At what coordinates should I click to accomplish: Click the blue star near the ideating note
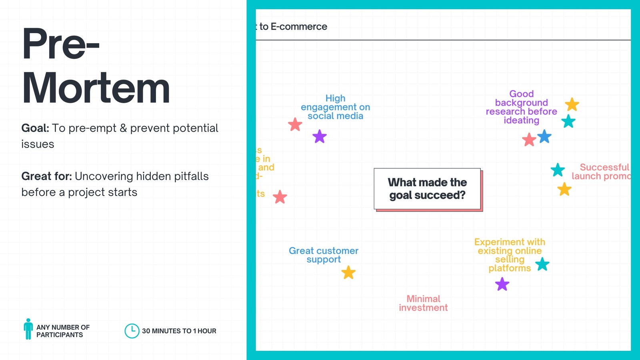pos(544,137)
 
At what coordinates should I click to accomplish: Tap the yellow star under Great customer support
pos(348,272)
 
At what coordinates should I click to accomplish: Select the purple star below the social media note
pos(320,136)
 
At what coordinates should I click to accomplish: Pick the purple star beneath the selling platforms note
pos(502,284)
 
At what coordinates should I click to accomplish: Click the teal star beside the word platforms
pos(542,264)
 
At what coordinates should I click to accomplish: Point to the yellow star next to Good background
pos(572,104)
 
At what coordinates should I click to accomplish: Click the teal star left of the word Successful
pos(558,170)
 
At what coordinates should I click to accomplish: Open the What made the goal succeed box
pos(427,189)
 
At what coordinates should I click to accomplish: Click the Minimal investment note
pos(423,303)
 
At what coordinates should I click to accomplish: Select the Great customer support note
pos(324,255)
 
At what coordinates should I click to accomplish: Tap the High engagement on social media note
pos(335,107)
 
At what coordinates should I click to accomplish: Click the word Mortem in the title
pos(96,88)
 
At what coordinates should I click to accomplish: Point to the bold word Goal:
pos(35,128)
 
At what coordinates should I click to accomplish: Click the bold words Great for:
pos(46,176)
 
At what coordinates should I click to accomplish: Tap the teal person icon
pos(28,329)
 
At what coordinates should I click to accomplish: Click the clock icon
pos(132,331)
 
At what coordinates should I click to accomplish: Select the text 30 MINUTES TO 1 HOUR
pos(179,331)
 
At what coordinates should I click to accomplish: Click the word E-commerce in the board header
pos(299,26)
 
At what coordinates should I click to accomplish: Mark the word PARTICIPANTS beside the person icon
pos(60,335)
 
